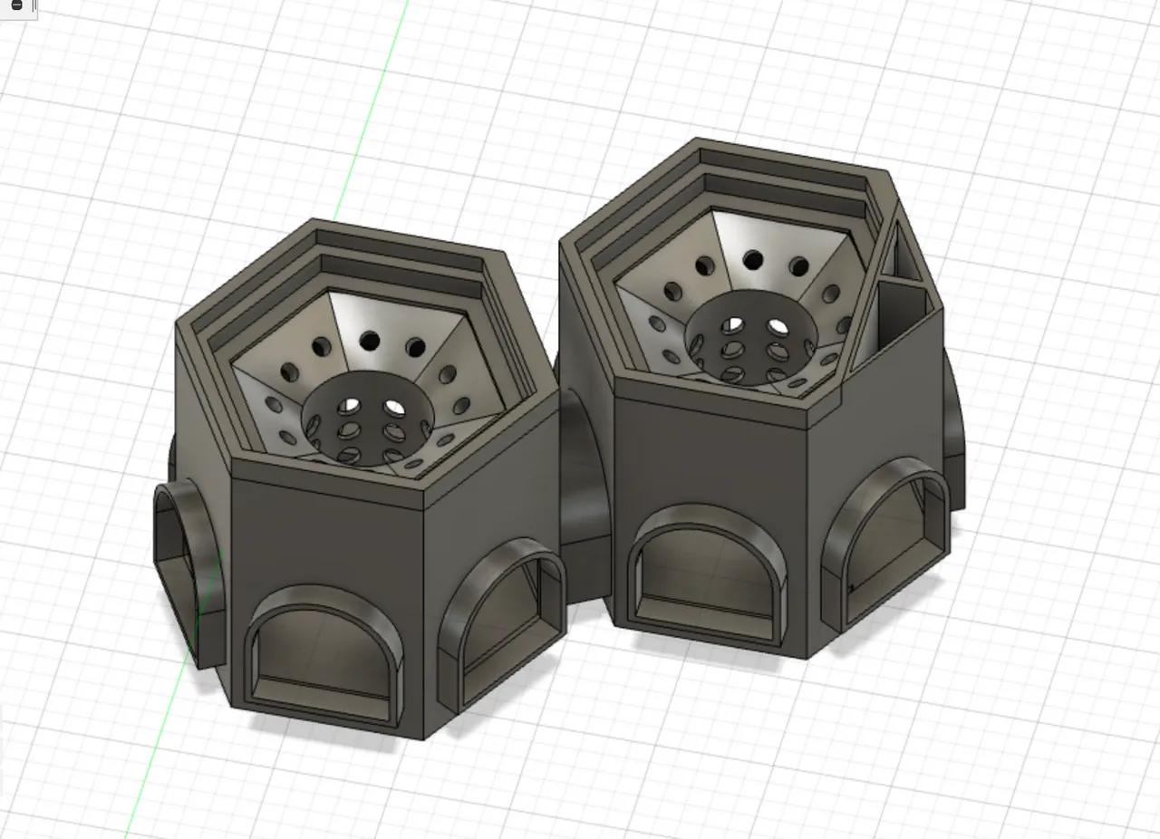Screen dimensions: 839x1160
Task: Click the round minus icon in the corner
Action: point(16,6)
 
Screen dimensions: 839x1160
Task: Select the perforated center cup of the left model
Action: point(367,422)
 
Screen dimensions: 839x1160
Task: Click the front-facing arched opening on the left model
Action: point(324,657)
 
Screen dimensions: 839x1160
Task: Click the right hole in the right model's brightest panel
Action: point(798,266)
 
